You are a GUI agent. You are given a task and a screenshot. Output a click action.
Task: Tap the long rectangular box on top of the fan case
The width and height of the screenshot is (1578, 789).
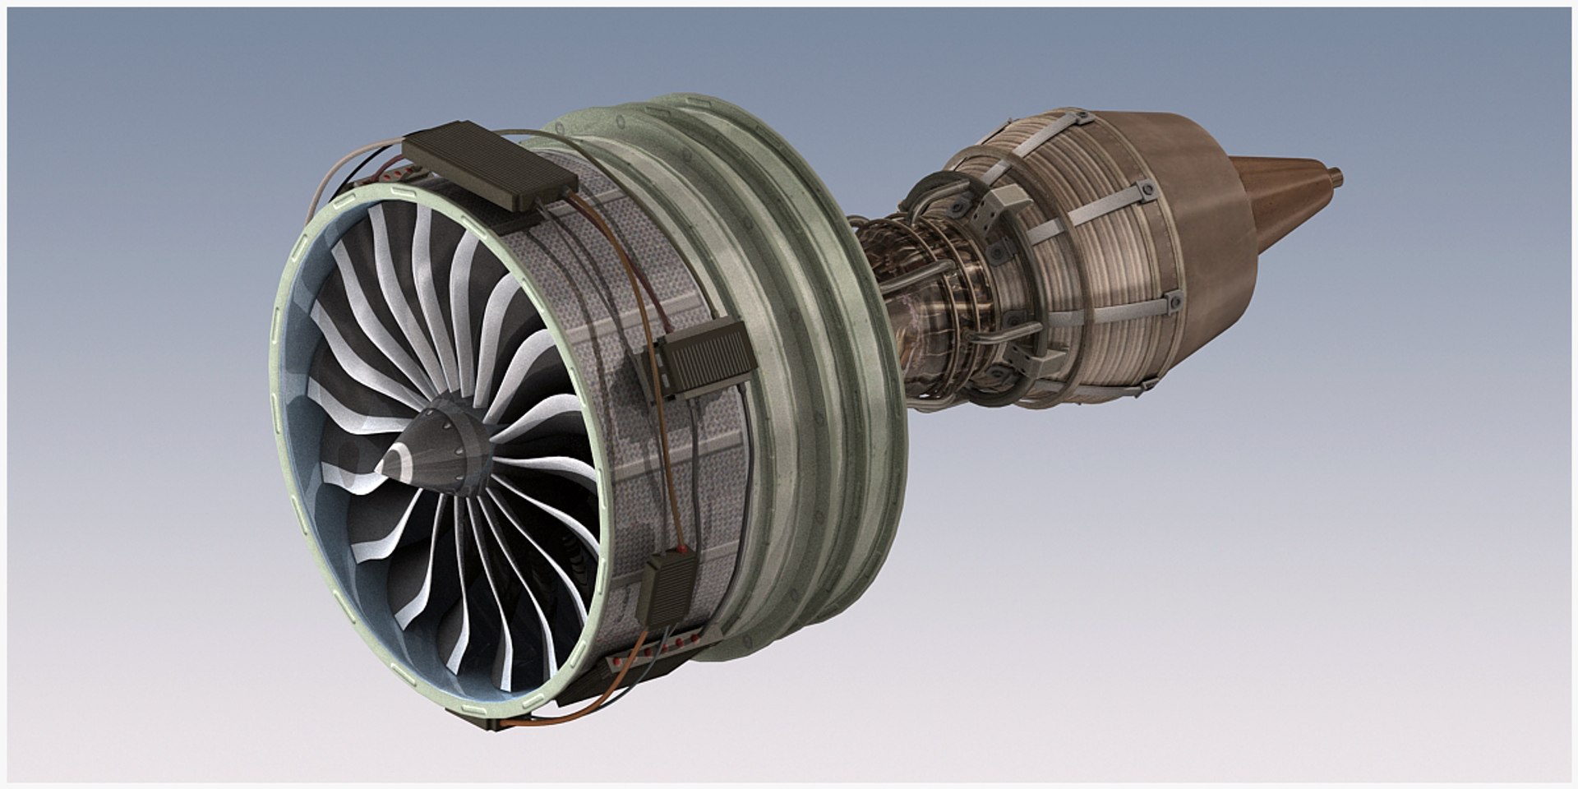point(486,168)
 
